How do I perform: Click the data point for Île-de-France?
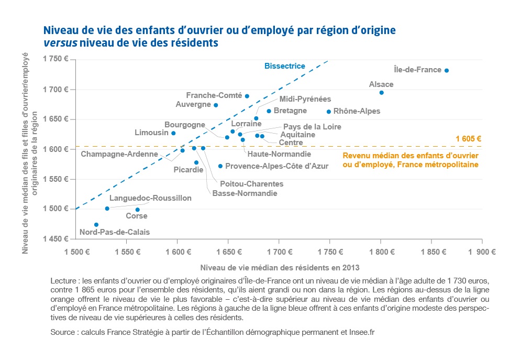tap(446, 70)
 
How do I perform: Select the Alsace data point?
tap(381, 93)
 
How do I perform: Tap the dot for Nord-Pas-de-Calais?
tap(96, 225)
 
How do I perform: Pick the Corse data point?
tap(138, 210)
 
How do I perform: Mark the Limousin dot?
tap(173, 133)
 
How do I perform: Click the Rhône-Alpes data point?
tap(329, 112)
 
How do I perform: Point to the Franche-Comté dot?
tap(247, 96)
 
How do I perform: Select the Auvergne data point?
tap(216, 105)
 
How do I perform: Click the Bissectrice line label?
tap(284, 67)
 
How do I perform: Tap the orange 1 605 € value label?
tap(468, 139)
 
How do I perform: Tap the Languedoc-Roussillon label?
tap(150, 198)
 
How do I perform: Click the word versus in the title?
tap(60, 42)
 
